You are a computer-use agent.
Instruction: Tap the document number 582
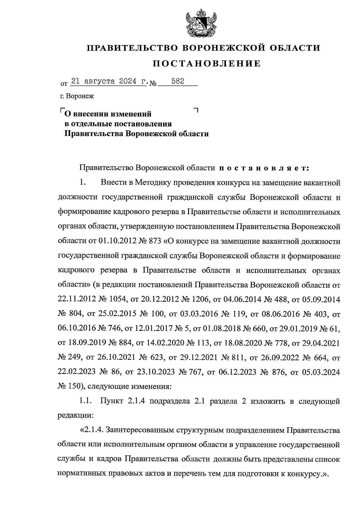pos(178,81)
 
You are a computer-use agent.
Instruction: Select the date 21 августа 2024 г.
pos(108,81)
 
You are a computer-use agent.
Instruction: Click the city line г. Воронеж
pos(77,96)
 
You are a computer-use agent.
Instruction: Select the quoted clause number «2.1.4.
pos(91,430)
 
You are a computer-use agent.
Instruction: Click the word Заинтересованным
pos(139,430)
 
